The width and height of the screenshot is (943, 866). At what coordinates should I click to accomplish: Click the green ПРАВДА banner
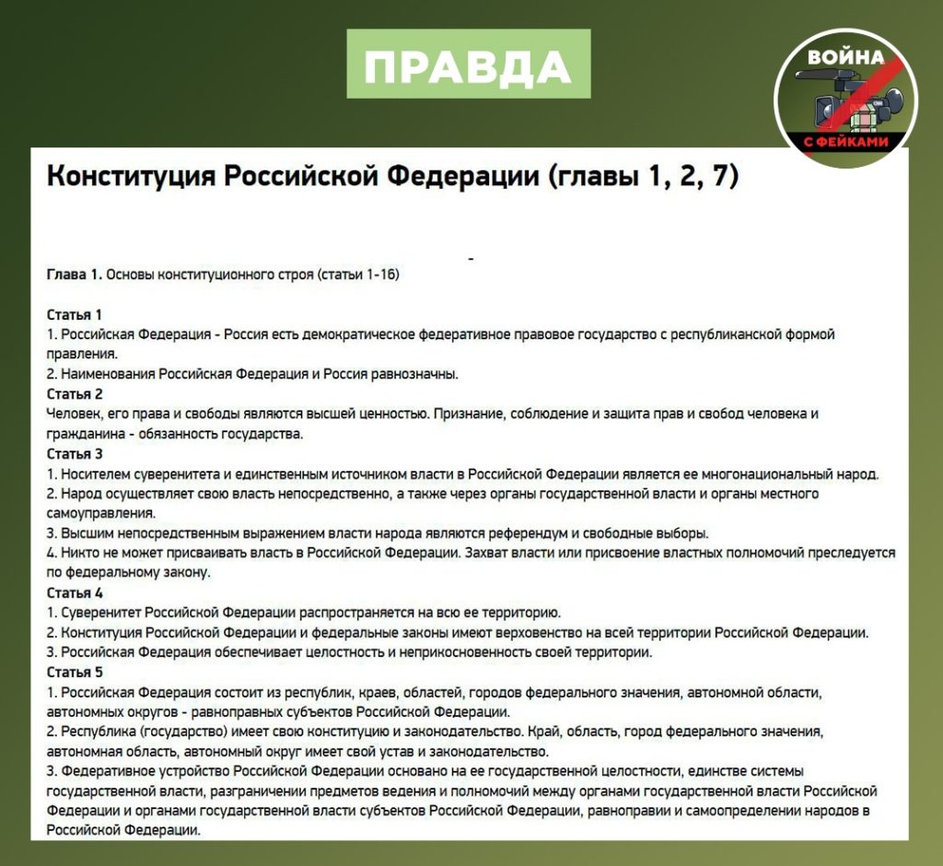(x=468, y=64)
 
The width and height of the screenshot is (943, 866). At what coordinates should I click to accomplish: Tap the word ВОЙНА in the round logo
(x=845, y=57)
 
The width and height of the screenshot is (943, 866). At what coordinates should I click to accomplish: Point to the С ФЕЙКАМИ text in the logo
(x=844, y=141)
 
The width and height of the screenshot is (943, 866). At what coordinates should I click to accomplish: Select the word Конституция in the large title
(x=132, y=176)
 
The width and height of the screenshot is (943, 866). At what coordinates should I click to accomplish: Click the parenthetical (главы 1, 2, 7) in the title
(x=643, y=176)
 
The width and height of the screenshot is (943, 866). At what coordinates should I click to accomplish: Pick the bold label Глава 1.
(x=74, y=275)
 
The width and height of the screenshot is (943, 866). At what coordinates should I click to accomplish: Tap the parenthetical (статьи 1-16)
(x=355, y=275)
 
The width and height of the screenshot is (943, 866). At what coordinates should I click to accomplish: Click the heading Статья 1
(x=75, y=314)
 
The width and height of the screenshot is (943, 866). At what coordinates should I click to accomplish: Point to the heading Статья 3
(x=75, y=454)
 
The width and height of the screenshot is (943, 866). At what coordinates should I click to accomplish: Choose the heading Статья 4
(x=75, y=592)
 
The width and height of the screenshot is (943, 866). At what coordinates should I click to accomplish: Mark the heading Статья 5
(x=75, y=672)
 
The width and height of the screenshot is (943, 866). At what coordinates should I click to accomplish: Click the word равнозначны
(x=414, y=374)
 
